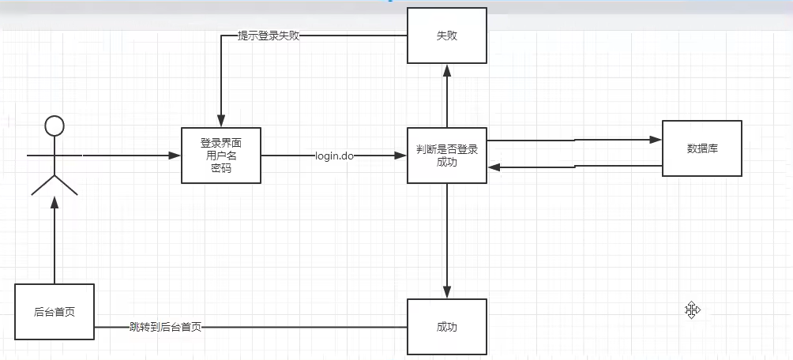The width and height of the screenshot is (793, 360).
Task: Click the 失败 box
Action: point(447,36)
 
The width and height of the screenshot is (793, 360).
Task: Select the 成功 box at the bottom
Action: point(447,327)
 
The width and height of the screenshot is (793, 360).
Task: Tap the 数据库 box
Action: point(702,148)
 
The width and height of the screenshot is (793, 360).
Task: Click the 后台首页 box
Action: point(54,312)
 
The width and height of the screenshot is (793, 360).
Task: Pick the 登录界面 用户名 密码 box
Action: point(221,156)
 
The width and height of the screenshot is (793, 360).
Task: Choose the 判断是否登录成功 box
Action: point(447,156)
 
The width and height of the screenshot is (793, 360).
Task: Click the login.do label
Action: point(334,156)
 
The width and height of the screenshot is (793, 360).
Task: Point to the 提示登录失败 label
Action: point(269,36)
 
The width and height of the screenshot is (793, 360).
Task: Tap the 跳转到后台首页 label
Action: point(165,327)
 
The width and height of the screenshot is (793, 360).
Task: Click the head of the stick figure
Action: point(54,126)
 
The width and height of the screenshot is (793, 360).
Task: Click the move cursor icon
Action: point(693,309)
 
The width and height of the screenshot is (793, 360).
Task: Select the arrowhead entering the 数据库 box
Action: point(656,140)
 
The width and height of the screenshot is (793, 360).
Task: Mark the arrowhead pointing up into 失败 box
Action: point(447,69)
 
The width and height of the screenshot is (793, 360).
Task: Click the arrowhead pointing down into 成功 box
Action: point(447,292)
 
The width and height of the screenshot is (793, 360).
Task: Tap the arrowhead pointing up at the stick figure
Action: point(54,202)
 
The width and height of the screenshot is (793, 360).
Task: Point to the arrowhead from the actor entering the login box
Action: point(175,156)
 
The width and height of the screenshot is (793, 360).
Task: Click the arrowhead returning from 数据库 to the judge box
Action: point(494,167)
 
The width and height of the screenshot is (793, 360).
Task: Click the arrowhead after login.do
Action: point(401,156)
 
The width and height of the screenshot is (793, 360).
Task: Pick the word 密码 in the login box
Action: point(221,168)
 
